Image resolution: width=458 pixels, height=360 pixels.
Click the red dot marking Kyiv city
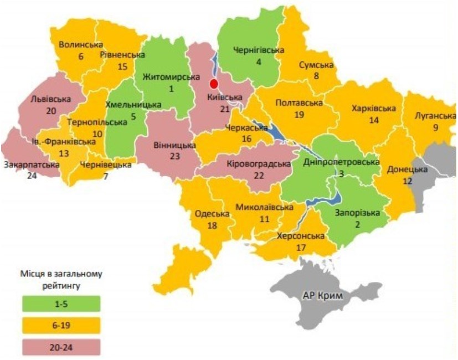point(213,84)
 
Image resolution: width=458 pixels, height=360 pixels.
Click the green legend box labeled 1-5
point(62,303)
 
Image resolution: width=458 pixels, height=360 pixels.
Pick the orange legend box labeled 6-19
point(62,325)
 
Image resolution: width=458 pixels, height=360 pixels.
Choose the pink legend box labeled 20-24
point(62,347)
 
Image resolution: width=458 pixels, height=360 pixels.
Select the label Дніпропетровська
point(342,162)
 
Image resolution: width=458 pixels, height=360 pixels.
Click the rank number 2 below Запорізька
point(357,224)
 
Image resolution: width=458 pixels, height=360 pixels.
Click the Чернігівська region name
point(258,50)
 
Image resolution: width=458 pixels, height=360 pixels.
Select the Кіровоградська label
point(259,164)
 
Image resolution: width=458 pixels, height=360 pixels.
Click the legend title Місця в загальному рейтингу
point(62,280)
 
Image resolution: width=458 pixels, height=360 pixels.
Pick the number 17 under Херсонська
point(301,247)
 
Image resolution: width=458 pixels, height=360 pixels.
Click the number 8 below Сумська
point(316,76)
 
